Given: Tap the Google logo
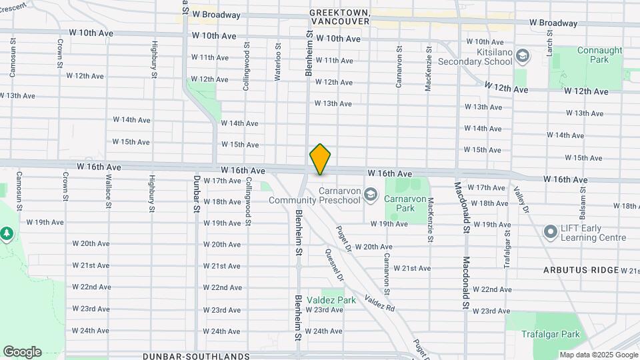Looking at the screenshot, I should (22, 352).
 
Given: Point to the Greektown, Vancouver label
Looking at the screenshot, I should (340, 17).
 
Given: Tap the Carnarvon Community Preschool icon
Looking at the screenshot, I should (371, 195).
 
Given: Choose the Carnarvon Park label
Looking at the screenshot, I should (414, 202).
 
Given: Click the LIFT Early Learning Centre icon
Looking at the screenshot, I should (550, 232).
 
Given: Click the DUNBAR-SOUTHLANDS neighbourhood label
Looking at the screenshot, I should (196, 356).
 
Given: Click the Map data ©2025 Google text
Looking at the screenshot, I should (599, 355).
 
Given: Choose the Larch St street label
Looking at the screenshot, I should (551, 42).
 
